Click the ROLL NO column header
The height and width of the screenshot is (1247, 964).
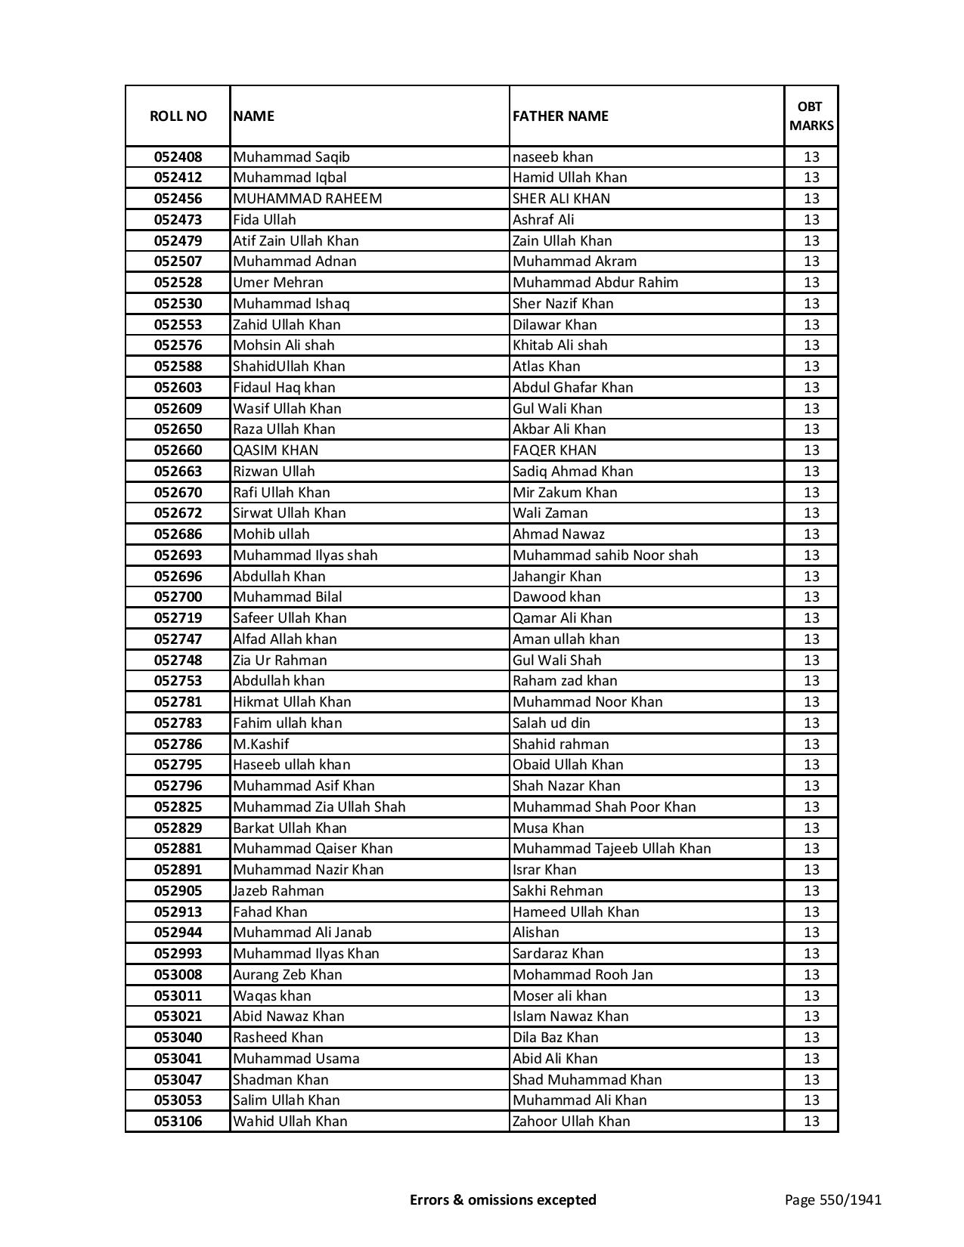click(178, 116)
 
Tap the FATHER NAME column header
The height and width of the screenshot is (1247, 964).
click(560, 116)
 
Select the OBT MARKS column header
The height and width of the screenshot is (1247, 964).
click(811, 116)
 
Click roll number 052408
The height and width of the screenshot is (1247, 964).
click(178, 157)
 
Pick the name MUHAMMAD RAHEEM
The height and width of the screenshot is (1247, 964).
click(307, 199)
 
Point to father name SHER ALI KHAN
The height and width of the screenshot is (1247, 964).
click(561, 199)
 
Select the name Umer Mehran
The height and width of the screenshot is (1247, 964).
click(277, 283)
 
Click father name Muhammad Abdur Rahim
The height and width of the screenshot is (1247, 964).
click(595, 283)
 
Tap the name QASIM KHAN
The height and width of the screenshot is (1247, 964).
click(275, 450)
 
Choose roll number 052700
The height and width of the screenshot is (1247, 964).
click(178, 597)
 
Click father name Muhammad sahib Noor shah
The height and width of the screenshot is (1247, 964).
click(605, 555)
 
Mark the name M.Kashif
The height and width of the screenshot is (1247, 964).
click(261, 744)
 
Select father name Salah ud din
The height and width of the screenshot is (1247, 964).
click(551, 723)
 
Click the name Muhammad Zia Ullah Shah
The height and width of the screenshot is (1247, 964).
click(319, 807)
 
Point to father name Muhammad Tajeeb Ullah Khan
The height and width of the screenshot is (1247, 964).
click(612, 849)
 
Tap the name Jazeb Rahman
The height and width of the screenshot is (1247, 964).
click(278, 891)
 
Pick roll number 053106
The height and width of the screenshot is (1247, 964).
click(178, 1122)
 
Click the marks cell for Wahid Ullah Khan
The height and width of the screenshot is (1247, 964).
click(811, 1122)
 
